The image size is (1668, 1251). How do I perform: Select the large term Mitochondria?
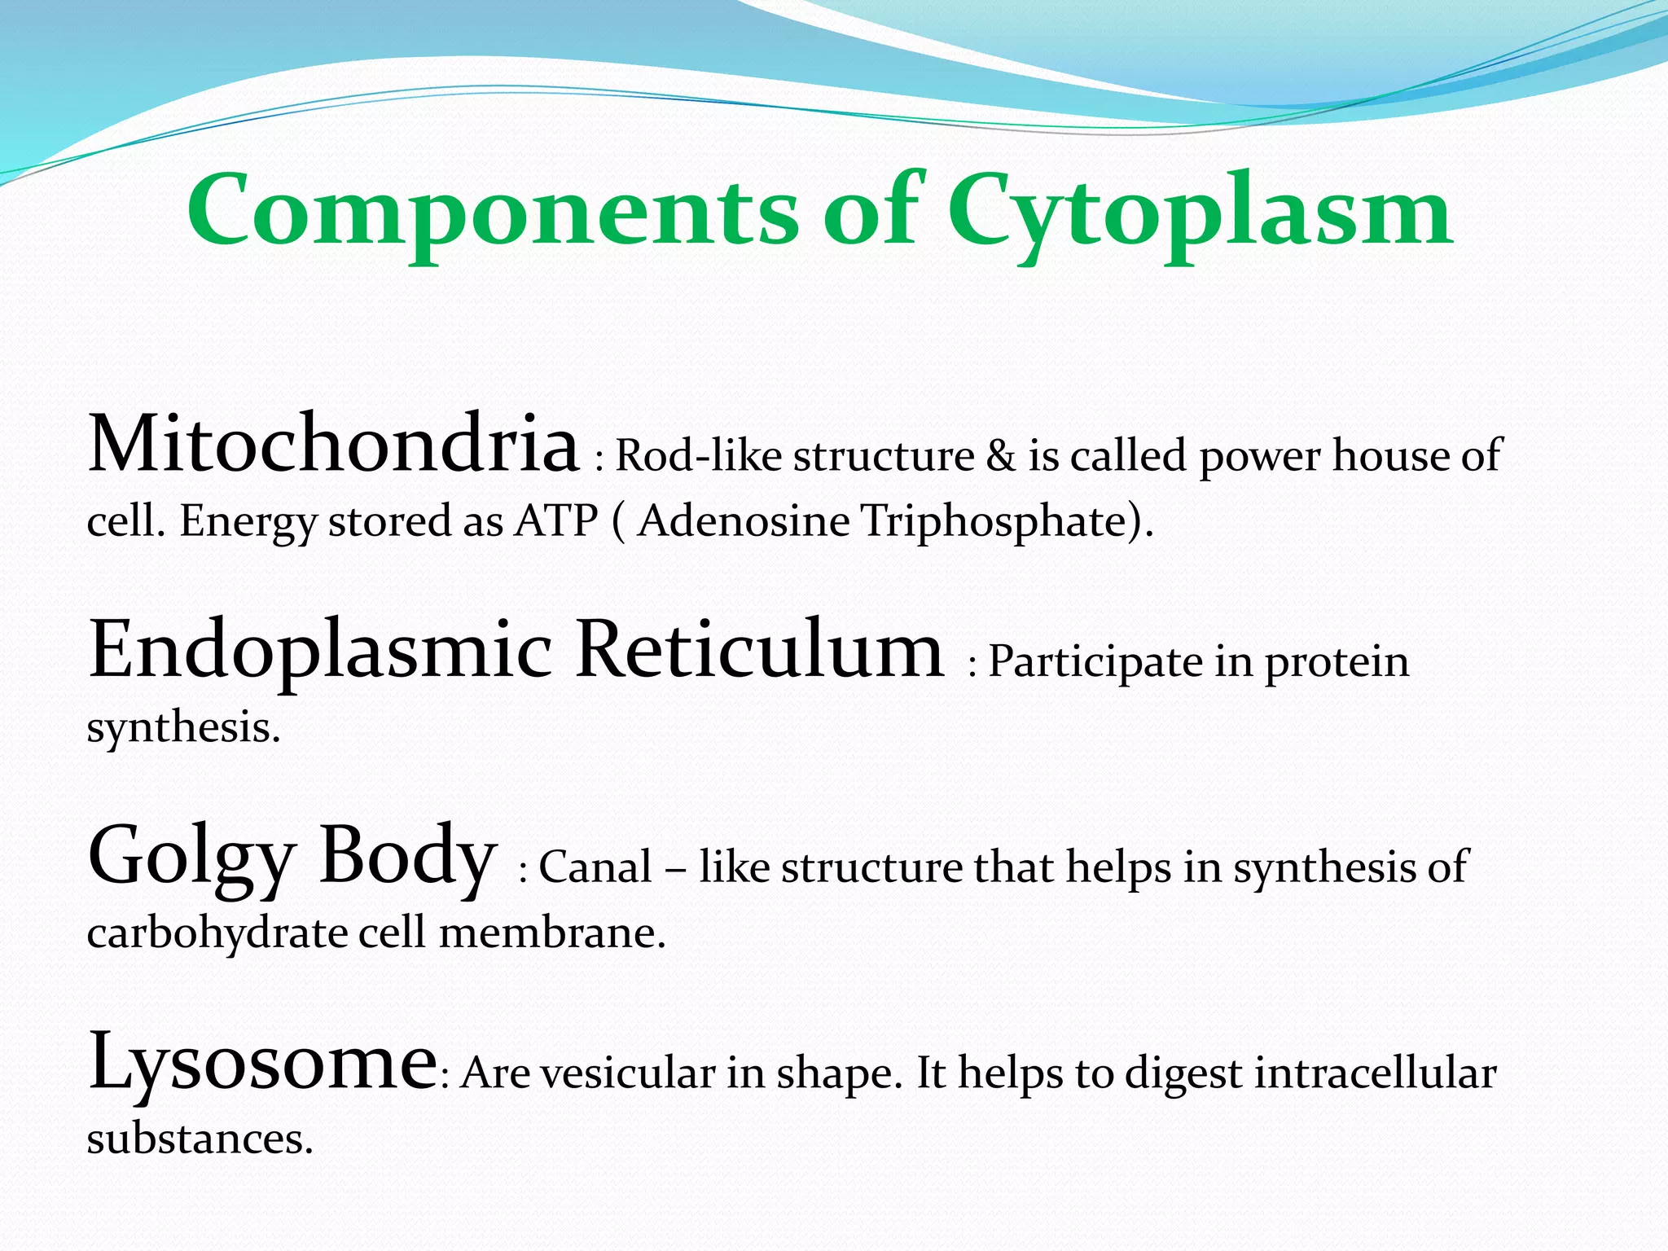pos(332,445)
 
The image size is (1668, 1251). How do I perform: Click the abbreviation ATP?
pos(556,521)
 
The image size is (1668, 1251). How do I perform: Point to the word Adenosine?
pos(744,521)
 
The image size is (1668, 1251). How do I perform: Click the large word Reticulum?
pos(759,650)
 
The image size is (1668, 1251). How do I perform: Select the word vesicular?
pos(627,1073)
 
